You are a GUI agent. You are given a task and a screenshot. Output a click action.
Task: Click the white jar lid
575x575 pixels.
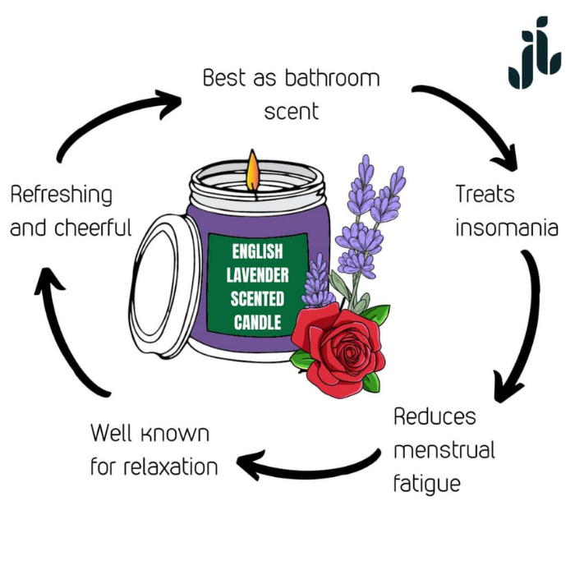click(x=165, y=284)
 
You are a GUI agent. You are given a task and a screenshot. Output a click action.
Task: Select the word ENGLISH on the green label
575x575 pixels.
click(x=257, y=251)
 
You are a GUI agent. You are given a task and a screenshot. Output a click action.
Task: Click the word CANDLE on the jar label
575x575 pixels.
click(x=257, y=323)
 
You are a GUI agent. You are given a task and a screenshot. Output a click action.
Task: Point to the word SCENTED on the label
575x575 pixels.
click(x=257, y=299)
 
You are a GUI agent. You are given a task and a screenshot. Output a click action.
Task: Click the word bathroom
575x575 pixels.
click(x=332, y=79)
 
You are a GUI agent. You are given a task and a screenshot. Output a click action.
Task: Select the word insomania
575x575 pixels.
click(x=507, y=228)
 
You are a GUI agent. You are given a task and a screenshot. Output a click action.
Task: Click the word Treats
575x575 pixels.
click(x=485, y=195)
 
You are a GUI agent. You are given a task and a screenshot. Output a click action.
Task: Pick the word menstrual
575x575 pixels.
click(x=444, y=450)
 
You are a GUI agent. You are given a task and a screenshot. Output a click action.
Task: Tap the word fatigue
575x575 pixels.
click(x=426, y=483)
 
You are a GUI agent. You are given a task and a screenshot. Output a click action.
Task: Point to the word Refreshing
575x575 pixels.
click(x=62, y=195)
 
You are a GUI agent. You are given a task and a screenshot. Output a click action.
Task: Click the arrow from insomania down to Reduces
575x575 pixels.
click(x=526, y=329)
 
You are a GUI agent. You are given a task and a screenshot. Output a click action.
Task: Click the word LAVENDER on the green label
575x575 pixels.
click(x=257, y=275)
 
